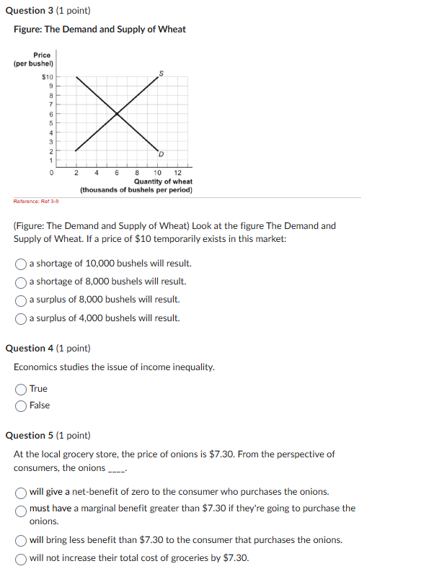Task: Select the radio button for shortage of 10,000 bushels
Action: [x=22, y=264]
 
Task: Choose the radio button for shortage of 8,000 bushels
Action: [x=22, y=282]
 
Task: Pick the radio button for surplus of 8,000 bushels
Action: [x=22, y=300]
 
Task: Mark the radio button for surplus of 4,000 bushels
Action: [x=22, y=318]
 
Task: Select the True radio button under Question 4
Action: [x=22, y=389]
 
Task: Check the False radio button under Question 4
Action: [x=22, y=405]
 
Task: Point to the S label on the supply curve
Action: [x=161, y=72]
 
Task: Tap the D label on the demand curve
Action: [x=161, y=154]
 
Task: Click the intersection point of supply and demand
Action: [x=118, y=113]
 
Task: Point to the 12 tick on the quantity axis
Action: [x=178, y=173]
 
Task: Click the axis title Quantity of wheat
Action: [x=163, y=181]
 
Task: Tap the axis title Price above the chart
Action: [x=42, y=55]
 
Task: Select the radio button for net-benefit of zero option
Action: [x=22, y=493]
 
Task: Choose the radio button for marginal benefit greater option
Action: [x=22, y=509]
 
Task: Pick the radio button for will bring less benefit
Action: [x=22, y=540]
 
